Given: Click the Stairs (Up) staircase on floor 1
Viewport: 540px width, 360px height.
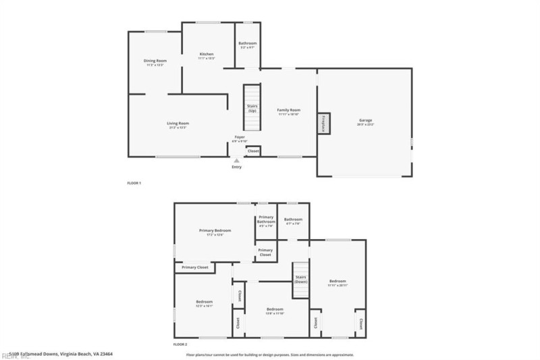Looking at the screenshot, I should tap(252, 108).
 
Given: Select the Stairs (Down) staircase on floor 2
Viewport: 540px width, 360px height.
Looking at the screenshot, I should tap(300, 280).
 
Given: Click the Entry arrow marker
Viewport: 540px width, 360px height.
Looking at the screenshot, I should tap(236, 161).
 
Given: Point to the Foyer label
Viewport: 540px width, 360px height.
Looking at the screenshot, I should tap(240, 138).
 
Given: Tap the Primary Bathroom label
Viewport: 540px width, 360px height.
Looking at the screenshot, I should tap(266, 221).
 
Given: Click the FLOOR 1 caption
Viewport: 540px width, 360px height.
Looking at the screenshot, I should tap(134, 183).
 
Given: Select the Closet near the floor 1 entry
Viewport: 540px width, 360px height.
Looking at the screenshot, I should tap(253, 151).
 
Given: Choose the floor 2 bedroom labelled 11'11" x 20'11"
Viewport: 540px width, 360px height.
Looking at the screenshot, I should tap(337, 282).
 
